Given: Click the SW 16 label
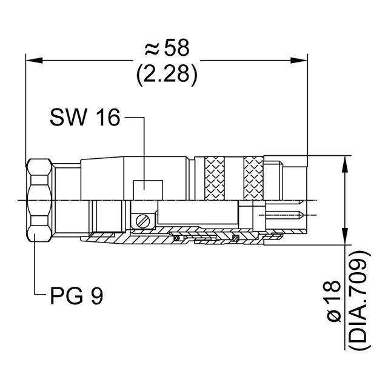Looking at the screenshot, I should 85,118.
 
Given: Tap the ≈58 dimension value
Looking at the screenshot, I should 167,48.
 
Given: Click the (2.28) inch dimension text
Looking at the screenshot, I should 167,74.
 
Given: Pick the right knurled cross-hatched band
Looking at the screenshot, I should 254,179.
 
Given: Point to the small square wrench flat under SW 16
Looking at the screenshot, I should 146,189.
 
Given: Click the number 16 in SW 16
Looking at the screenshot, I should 107,118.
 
